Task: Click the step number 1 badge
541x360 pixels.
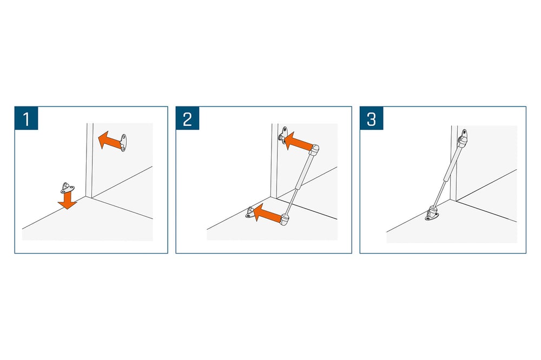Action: click(26, 118)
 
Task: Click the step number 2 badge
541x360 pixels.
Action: click(187, 118)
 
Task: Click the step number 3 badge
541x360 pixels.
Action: click(372, 118)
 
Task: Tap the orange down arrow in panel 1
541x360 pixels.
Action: click(67, 200)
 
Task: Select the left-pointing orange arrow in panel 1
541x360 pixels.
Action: click(109, 139)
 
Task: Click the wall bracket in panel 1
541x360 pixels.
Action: click(123, 143)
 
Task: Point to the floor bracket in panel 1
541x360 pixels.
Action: click(67, 188)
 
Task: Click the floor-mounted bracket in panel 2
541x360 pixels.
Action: click(251, 212)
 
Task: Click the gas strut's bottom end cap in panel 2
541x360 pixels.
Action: click(285, 219)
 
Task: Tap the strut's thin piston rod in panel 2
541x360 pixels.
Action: click(292, 201)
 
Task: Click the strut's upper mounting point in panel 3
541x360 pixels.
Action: click(463, 137)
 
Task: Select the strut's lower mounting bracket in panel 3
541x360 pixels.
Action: click(432, 213)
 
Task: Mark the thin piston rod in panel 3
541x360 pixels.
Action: click(439, 194)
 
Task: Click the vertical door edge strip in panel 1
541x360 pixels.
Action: click(89, 161)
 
